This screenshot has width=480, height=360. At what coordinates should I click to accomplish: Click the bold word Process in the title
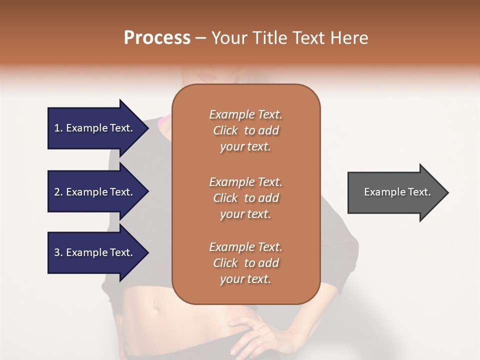[157, 38]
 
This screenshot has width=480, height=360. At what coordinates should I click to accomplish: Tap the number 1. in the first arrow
[58, 128]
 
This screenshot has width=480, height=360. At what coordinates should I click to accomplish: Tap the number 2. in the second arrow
[58, 192]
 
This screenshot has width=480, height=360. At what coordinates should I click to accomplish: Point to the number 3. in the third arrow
[58, 252]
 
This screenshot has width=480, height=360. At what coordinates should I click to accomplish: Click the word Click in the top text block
[225, 131]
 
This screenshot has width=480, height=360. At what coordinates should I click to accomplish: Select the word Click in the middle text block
[225, 198]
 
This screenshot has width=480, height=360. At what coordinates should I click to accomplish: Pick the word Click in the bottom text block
[225, 263]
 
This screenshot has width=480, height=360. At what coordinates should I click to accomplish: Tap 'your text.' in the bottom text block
[245, 279]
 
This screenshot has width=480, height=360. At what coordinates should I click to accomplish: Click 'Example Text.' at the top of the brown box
[245, 115]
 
